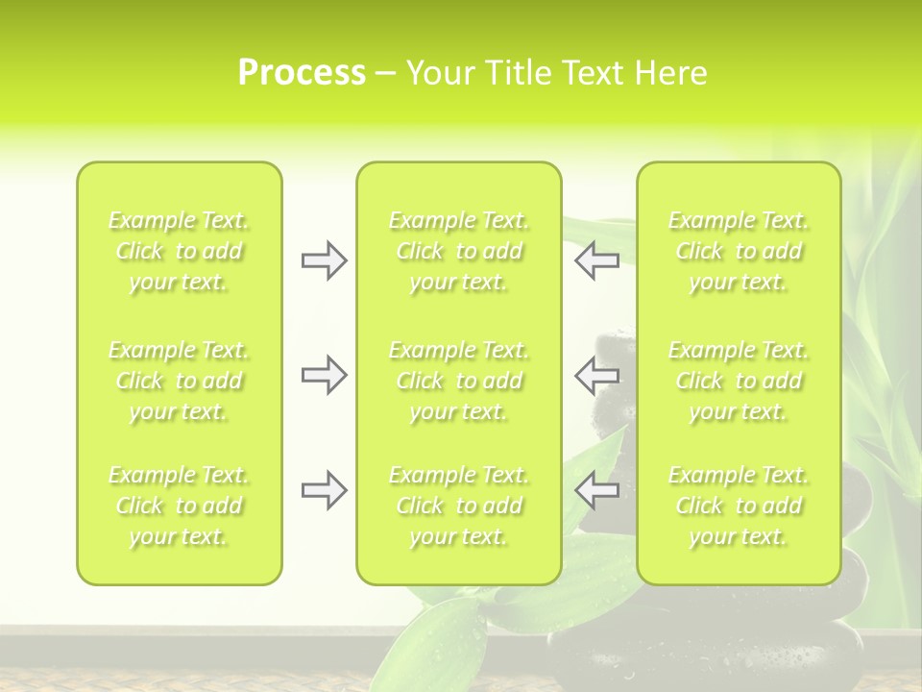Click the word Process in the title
click(x=302, y=73)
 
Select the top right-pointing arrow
click(x=324, y=260)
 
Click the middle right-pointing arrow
click(x=324, y=375)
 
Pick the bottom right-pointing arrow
click(x=324, y=491)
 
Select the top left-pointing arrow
click(x=596, y=260)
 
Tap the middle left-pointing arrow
click(x=596, y=375)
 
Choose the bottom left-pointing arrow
click(x=596, y=491)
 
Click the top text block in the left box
click(x=179, y=251)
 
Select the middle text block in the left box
click(x=179, y=381)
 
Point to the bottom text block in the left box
click(x=179, y=506)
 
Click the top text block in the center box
click(x=459, y=251)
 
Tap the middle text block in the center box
click(x=459, y=381)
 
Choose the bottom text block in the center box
click(x=459, y=506)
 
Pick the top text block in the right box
click(x=739, y=251)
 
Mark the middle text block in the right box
click(x=739, y=381)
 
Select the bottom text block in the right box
click(x=739, y=506)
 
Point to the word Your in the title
click(x=441, y=73)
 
